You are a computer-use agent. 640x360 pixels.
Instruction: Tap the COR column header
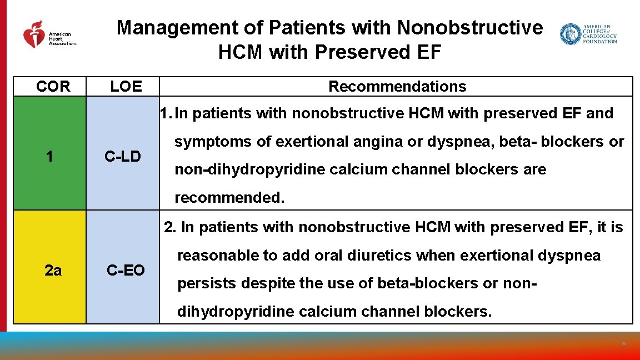[53, 87]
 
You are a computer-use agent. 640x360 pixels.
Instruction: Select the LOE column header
[126, 87]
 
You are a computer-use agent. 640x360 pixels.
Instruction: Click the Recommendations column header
[397, 87]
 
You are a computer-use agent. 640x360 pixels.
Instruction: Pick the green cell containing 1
[50, 157]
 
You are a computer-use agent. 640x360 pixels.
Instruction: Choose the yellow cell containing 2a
[53, 271]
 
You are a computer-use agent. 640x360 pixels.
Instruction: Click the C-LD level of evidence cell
[123, 157]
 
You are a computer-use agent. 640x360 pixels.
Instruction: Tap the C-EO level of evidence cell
[126, 271]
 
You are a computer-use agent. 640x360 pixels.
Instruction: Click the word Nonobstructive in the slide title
[470, 28]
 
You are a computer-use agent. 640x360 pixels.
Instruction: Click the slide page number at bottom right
[623, 344]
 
